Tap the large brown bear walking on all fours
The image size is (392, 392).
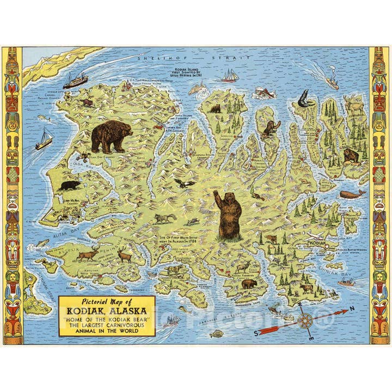pyautogui.click(x=112, y=136)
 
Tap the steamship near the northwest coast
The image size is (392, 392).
pyautogui.click(x=75, y=81)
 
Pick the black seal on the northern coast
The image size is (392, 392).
pyautogui.click(x=304, y=100)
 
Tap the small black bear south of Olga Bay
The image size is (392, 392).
pyautogui.click(x=70, y=186)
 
